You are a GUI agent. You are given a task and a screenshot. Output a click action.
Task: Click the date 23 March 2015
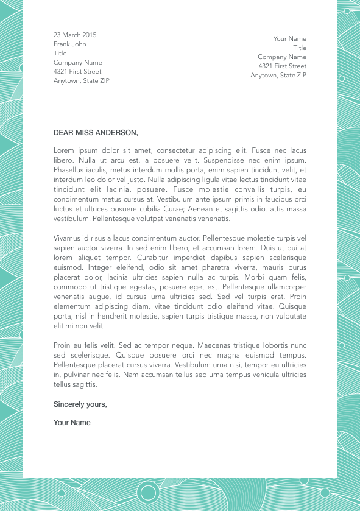click(x=75, y=35)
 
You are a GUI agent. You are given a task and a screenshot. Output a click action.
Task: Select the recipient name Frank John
click(x=70, y=44)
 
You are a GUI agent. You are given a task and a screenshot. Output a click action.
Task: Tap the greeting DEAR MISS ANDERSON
click(x=96, y=132)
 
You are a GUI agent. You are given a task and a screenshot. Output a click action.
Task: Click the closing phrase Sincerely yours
click(x=80, y=404)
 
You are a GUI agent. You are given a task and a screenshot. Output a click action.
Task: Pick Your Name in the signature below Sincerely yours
click(x=72, y=423)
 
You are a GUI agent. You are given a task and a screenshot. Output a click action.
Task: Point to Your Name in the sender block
click(x=289, y=38)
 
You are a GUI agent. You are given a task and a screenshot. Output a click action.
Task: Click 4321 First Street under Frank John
click(x=77, y=71)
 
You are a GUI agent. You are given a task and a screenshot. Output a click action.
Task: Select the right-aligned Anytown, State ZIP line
click(x=278, y=75)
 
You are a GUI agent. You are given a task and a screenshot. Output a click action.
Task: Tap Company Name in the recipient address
click(x=78, y=62)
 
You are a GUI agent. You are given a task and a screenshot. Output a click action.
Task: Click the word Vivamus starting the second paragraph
click(x=68, y=238)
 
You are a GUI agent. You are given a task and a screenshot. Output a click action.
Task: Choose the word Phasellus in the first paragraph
click(x=70, y=170)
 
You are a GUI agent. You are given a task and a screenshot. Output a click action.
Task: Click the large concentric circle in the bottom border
click(x=148, y=491)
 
